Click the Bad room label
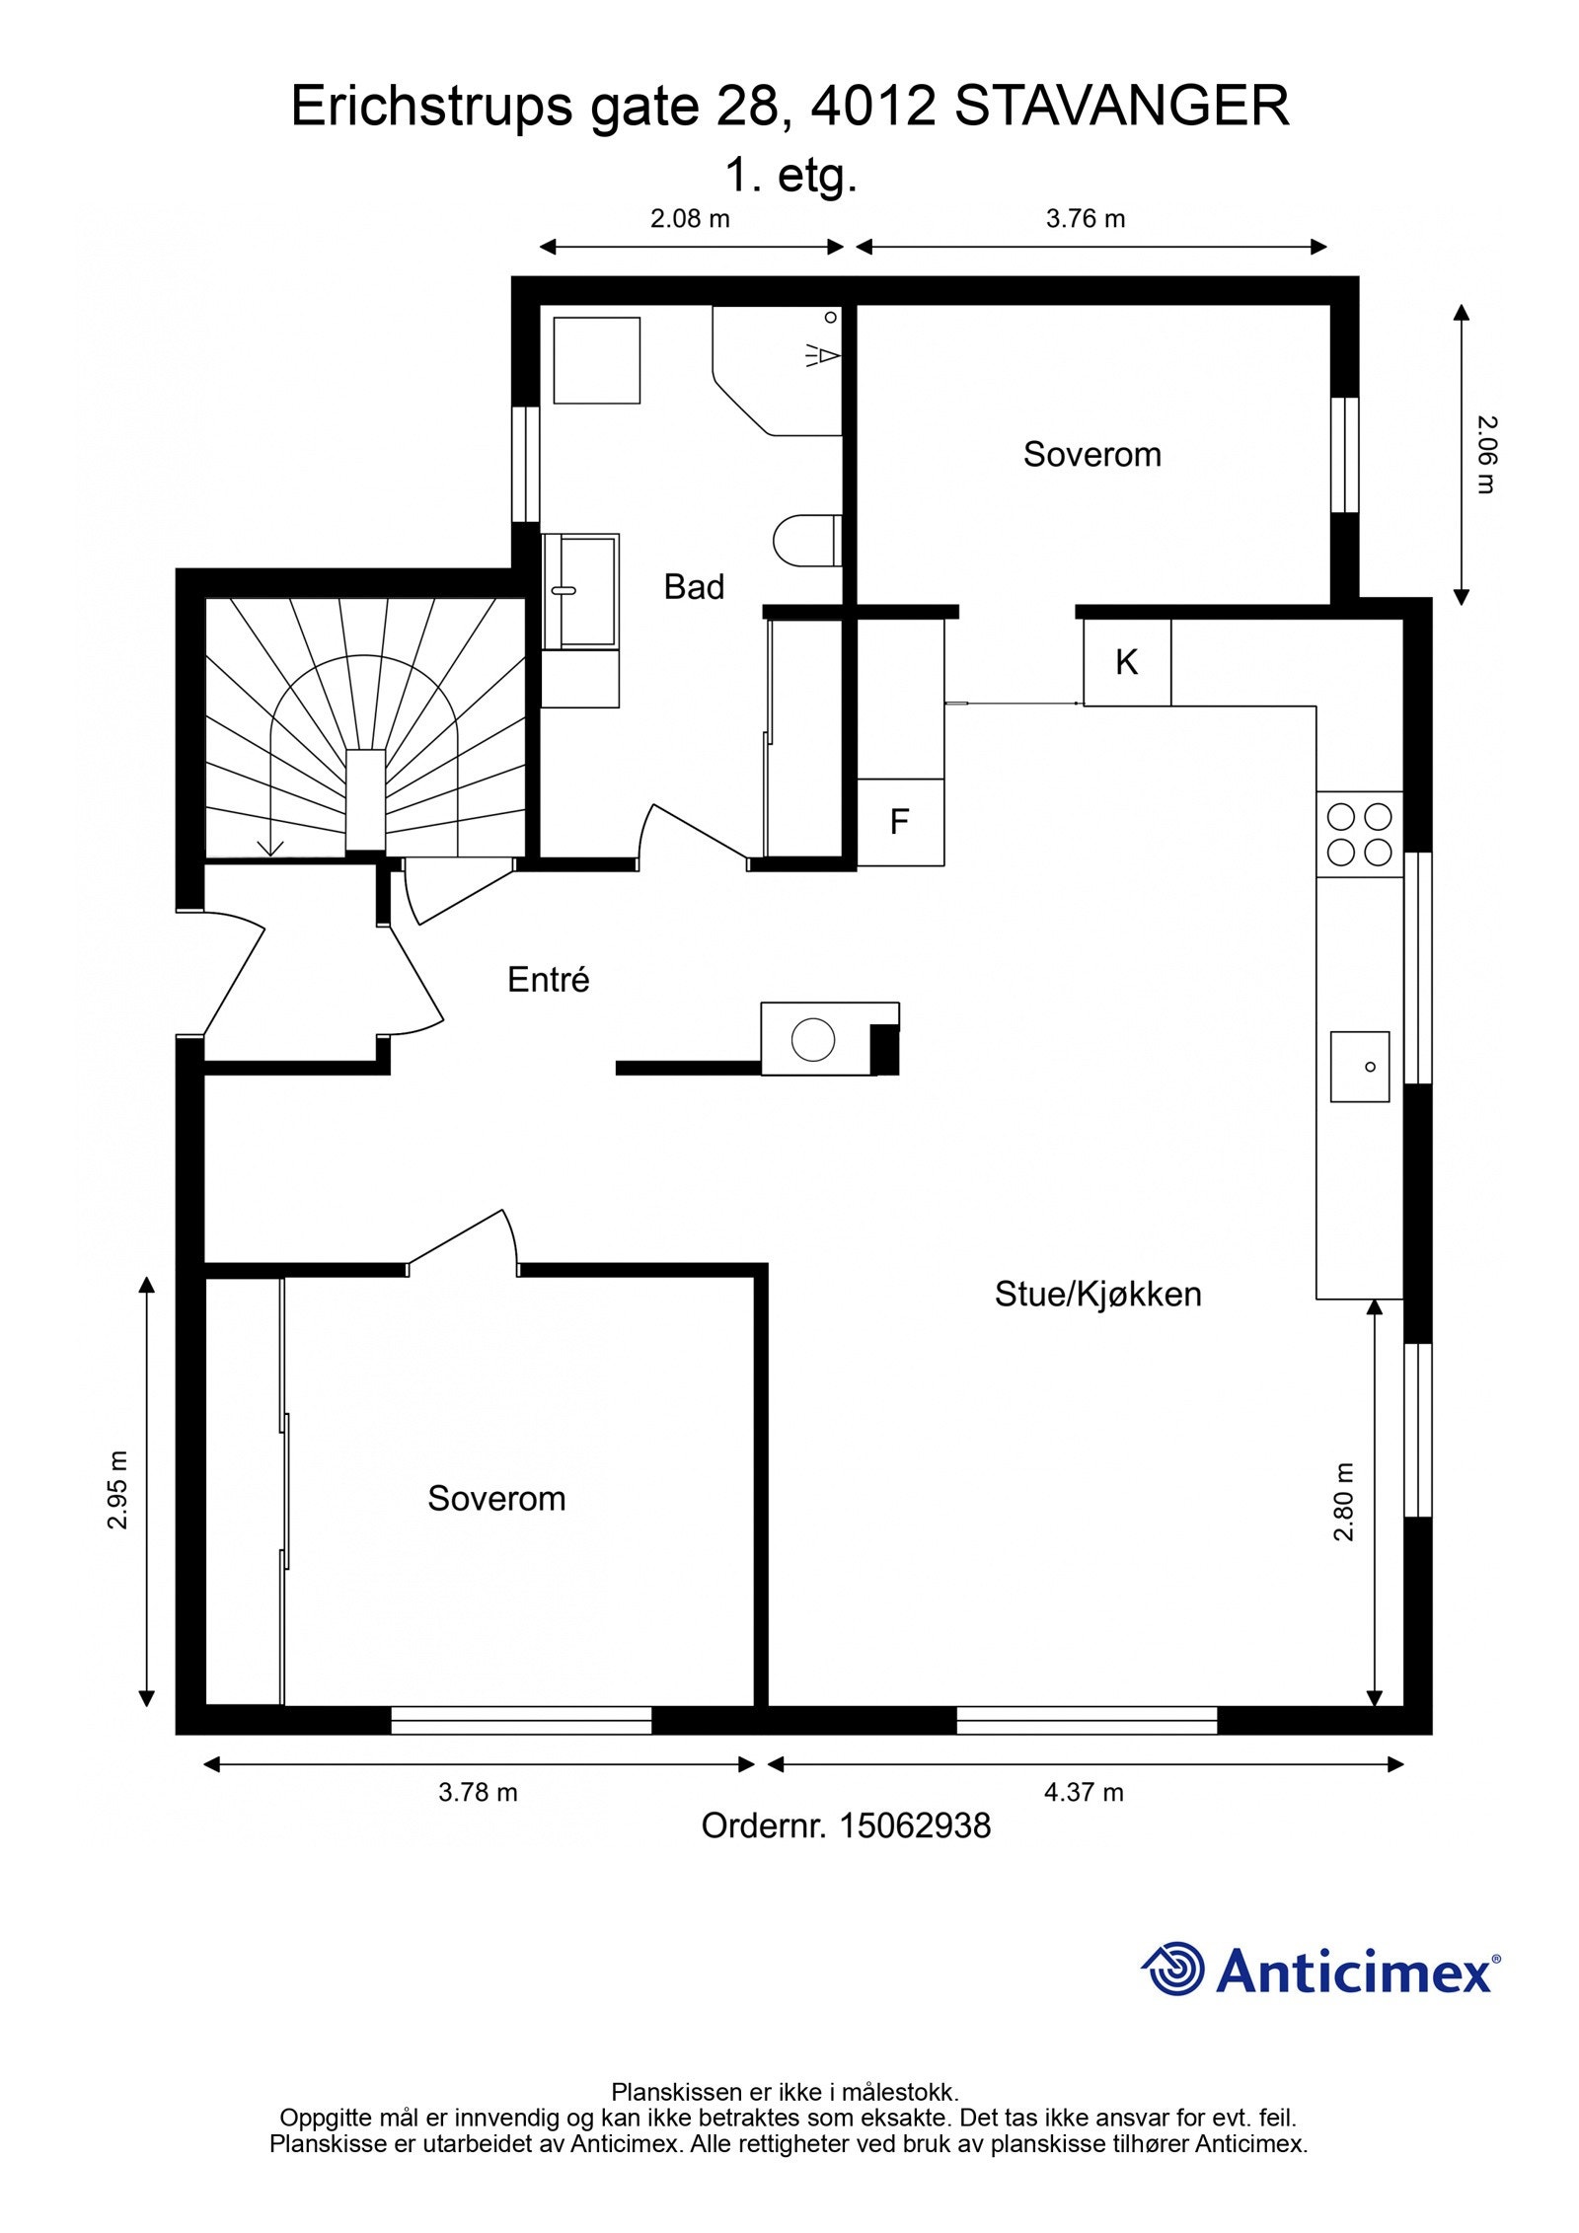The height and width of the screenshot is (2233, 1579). point(693,587)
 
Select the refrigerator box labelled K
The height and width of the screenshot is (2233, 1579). point(1126,662)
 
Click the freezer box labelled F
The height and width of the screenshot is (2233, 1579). point(899,822)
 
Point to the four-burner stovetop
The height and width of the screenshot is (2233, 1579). point(1358,834)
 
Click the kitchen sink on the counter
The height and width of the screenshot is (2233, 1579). point(1359,1067)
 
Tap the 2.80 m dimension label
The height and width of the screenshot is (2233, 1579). point(1344,1501)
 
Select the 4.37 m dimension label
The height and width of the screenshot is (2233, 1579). point(1083,1792)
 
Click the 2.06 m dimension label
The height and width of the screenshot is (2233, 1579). point(1486,454)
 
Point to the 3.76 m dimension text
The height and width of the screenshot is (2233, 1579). point(1085,219)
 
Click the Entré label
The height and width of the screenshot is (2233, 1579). point(548,980)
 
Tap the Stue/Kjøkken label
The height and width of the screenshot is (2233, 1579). point(1097,1294)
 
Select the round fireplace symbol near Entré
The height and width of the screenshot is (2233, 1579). point(813,1039)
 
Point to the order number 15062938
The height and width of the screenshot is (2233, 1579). point(914,1826)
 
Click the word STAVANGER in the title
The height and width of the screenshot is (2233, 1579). point(1121,107)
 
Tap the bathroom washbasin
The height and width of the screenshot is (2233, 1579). point(581,591)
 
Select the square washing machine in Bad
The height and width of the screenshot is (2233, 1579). point(596,360)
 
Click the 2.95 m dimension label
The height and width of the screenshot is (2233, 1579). point(118,1490)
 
